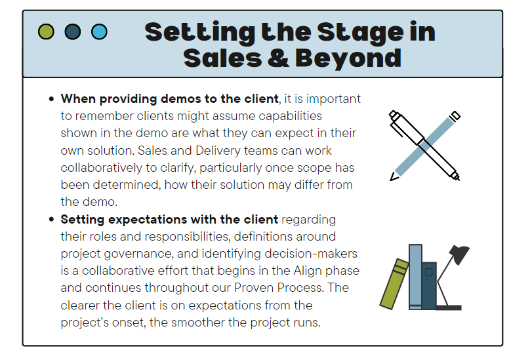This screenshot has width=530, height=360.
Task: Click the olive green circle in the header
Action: pos(46,31)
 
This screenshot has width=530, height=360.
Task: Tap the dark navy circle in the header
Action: pos(73,31)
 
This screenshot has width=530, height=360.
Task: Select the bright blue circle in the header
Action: pos(100,31)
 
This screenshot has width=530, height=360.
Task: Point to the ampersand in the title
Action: pos(278,58)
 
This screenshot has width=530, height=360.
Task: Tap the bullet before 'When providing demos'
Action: pos(51,99)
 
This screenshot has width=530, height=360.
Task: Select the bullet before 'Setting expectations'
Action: pos(51,220)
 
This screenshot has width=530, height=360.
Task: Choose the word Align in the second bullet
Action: pos(305,271)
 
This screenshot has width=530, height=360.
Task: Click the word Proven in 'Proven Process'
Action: pos(255,288)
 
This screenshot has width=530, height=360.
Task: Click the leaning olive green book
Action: pos(394,284)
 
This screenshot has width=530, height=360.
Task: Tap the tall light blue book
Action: pos(415,277)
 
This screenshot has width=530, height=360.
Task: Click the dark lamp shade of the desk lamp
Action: pos(460,254)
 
